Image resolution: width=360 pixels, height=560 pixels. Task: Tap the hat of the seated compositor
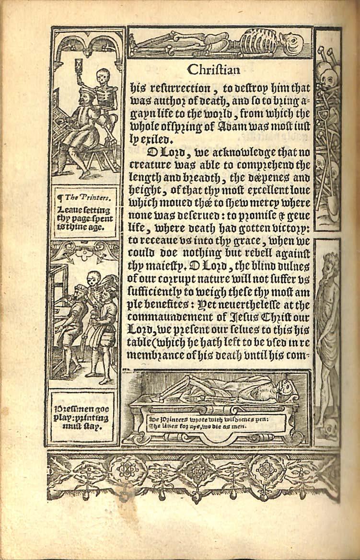(x=84, y=91)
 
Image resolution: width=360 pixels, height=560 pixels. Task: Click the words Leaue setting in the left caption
(x=77, y=210)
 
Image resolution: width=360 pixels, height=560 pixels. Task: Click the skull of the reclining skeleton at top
(x=290, y=44)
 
